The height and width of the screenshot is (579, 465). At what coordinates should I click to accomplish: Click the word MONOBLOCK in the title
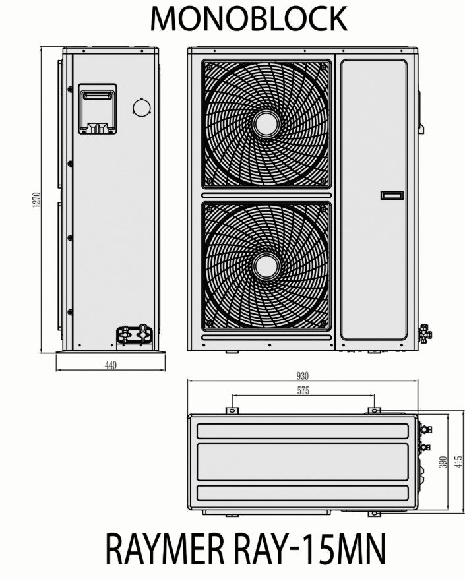pyautogui.click(x=249, y=18)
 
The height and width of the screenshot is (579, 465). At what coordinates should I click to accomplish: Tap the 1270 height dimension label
pyautogui.click(x=36, y=200)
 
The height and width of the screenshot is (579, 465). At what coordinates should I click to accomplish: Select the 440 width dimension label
pyautogui.click(x=110, y=365)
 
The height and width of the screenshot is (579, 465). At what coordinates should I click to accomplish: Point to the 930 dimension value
pyautogui.click(x=303, y=376)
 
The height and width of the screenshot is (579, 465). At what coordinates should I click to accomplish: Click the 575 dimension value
pyautogui.click(x=303, y=390)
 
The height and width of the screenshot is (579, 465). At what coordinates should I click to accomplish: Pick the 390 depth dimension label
pyautogui.click(x=443, y=462)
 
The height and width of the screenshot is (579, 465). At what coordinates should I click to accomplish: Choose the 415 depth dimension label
pyautogui.click(x=459, y=462)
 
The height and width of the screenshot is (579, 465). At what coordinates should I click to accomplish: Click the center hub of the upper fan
pyautogui.click(x=266, y=125)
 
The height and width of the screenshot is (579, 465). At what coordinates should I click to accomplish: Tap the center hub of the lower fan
pyautogui.click(x=266, y=266)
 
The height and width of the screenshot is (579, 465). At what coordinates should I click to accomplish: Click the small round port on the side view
pyautogui.click(x=141, y=107)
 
